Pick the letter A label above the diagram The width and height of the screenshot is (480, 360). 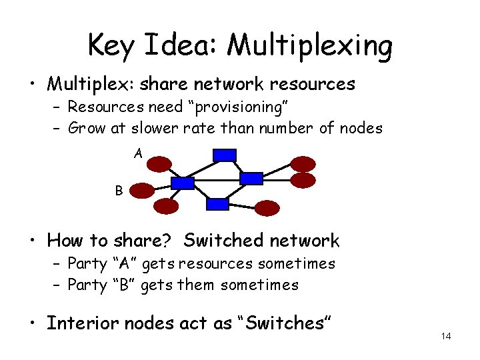(x=138, y=154)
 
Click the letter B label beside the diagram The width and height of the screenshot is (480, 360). (x=119, y=191)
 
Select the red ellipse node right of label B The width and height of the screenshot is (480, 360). (x=141, y=191)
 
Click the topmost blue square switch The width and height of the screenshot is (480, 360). (x=224, y=155)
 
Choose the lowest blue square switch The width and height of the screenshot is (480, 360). (x=217, y=204)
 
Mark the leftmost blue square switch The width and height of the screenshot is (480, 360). (x=183, y=183)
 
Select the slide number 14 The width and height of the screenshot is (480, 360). (x=446, y=336)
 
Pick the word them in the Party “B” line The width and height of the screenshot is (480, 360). (x=196, y=285)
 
